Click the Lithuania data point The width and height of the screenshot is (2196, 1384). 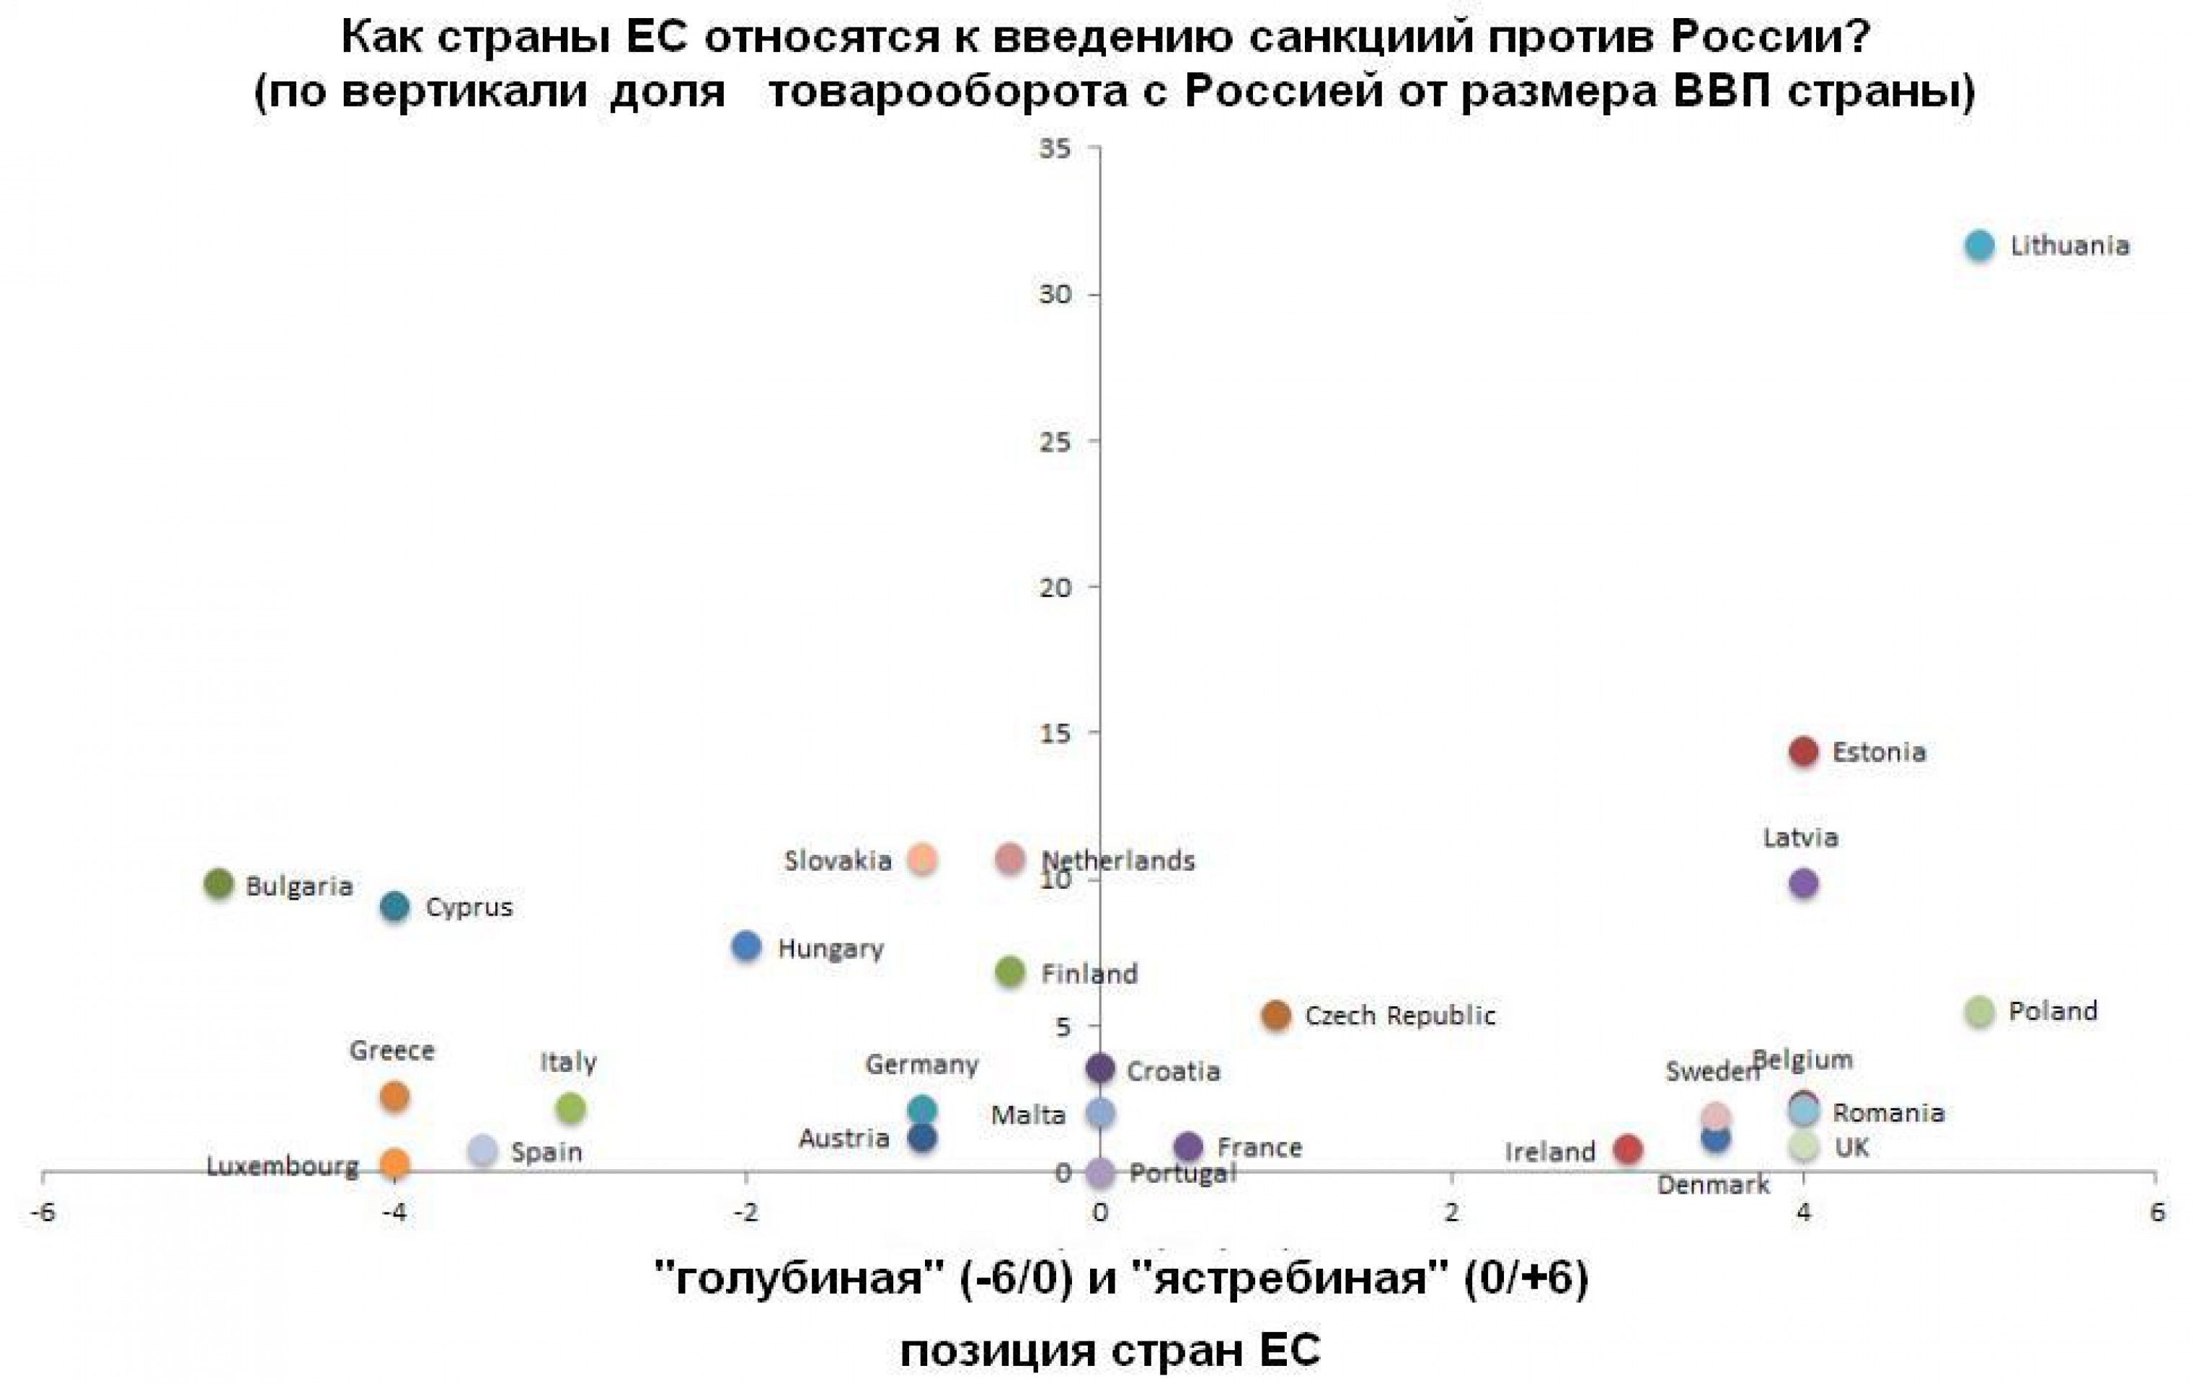1979,245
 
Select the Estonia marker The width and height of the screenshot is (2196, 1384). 1803,751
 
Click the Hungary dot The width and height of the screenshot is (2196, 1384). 746,946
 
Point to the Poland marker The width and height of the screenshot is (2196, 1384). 1979,1011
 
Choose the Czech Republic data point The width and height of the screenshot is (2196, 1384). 1276,1015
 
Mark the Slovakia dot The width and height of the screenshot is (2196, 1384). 923,858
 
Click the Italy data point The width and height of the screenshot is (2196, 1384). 570,1108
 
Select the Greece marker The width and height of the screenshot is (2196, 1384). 394,1096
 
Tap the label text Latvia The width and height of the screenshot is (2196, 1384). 1799,837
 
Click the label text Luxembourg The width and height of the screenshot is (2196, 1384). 282,1166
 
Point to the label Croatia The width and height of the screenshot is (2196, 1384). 1173,1070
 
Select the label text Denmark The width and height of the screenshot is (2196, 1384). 1713,1184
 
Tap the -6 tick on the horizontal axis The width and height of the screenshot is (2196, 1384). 42,1212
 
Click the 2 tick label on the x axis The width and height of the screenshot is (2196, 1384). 1451,1212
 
